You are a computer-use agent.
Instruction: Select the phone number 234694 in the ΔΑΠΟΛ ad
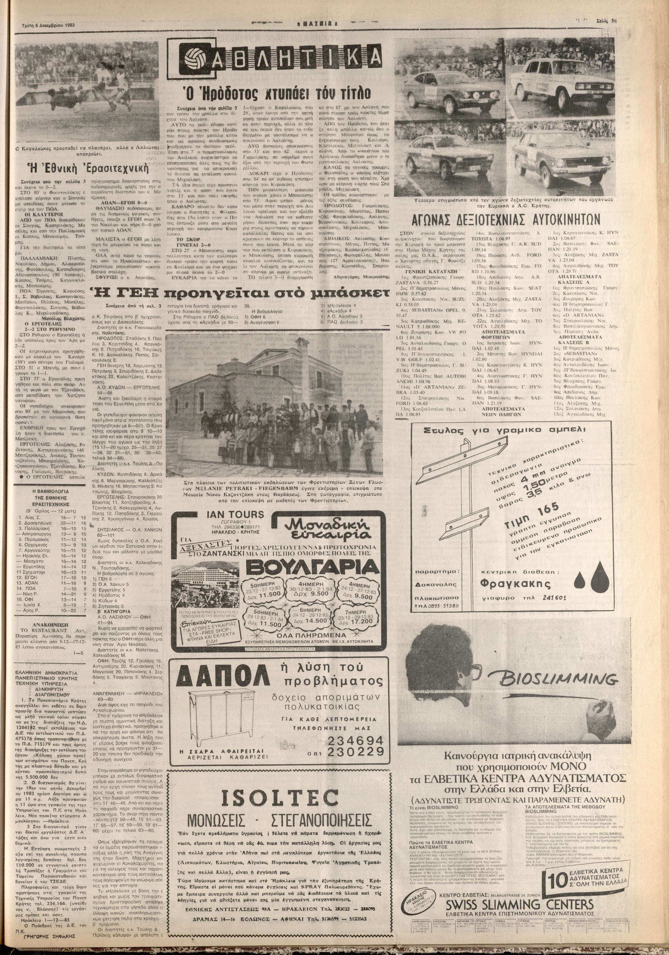356,741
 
